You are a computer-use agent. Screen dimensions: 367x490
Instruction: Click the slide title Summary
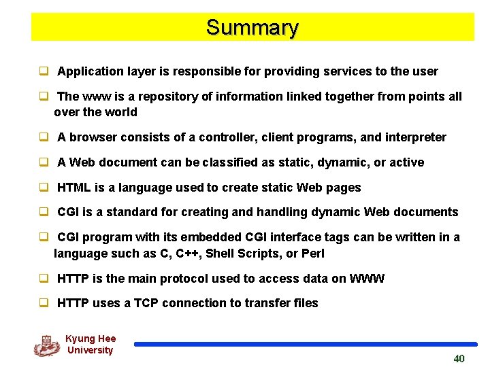click(252, 28)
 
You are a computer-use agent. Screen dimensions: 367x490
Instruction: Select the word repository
click(167, 97)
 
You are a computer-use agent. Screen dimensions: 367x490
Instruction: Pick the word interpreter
click(415, 137)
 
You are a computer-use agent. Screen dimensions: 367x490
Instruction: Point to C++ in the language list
click(187, 254)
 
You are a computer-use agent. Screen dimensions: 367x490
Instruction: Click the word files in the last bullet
click(304, 303)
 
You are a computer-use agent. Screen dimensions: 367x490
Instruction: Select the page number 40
click(459, 358)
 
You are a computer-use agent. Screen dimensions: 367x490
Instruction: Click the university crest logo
click(46, 345)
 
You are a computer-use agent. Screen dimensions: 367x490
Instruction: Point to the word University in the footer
click(90, 350)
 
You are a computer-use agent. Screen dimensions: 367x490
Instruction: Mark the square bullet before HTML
click(43, 188)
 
